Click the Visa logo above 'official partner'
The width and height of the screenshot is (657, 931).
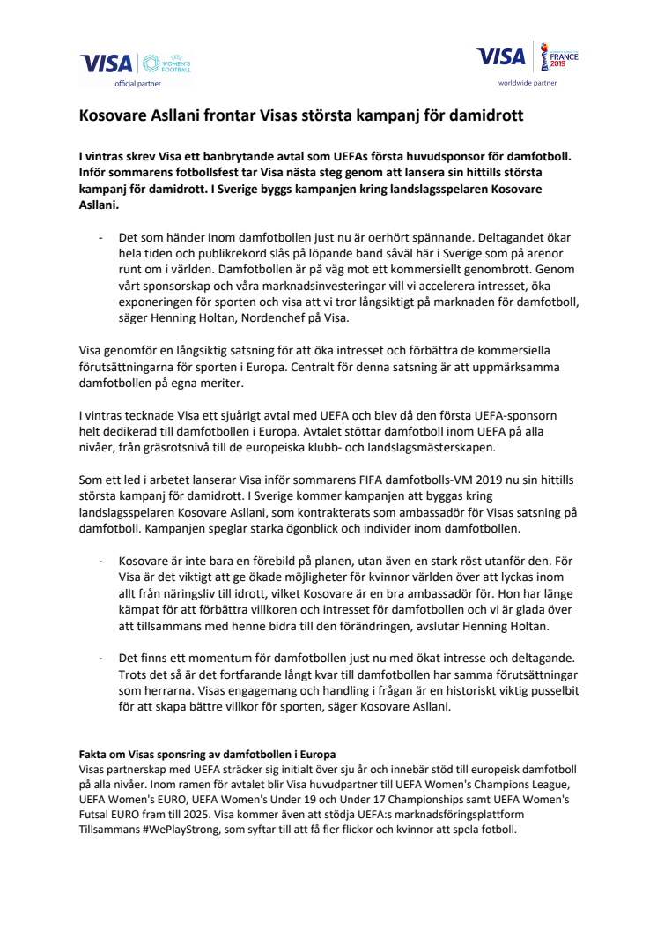click(107, 63)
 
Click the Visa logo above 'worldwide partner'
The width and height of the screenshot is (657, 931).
click(500, 56)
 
